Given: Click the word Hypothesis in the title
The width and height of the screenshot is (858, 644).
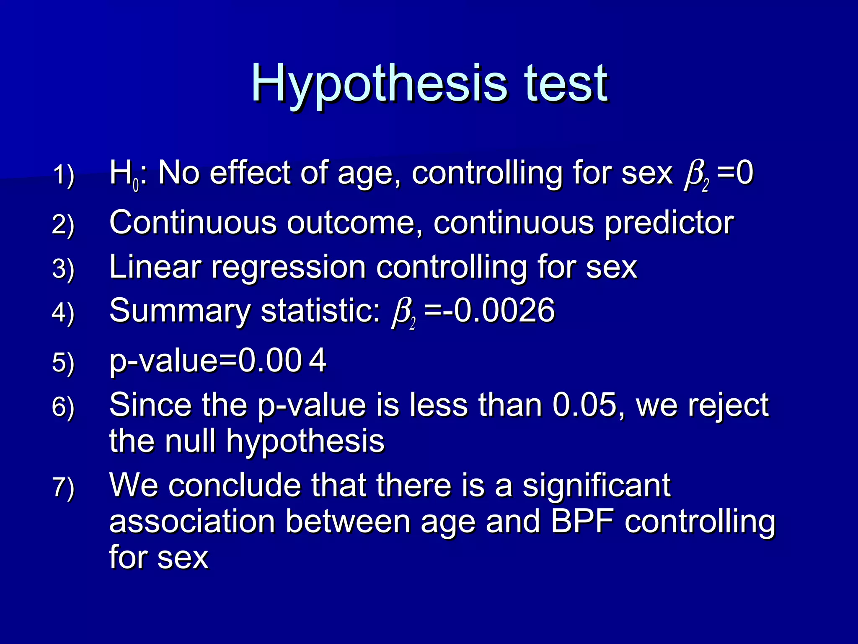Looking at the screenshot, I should coord(379,84).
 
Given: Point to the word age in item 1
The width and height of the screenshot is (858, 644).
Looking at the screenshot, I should coord(363,174).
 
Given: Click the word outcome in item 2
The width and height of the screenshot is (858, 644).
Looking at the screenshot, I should coord(354,223).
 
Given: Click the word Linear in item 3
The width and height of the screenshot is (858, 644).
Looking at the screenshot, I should coord(155,267).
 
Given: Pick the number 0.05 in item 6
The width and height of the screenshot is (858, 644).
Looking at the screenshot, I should coord(585,406).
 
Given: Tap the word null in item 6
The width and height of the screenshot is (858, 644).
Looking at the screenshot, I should coord(191,441).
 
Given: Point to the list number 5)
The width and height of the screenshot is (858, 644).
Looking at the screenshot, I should coord(63,363).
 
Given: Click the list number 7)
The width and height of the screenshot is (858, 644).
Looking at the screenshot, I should coord(63,488).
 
